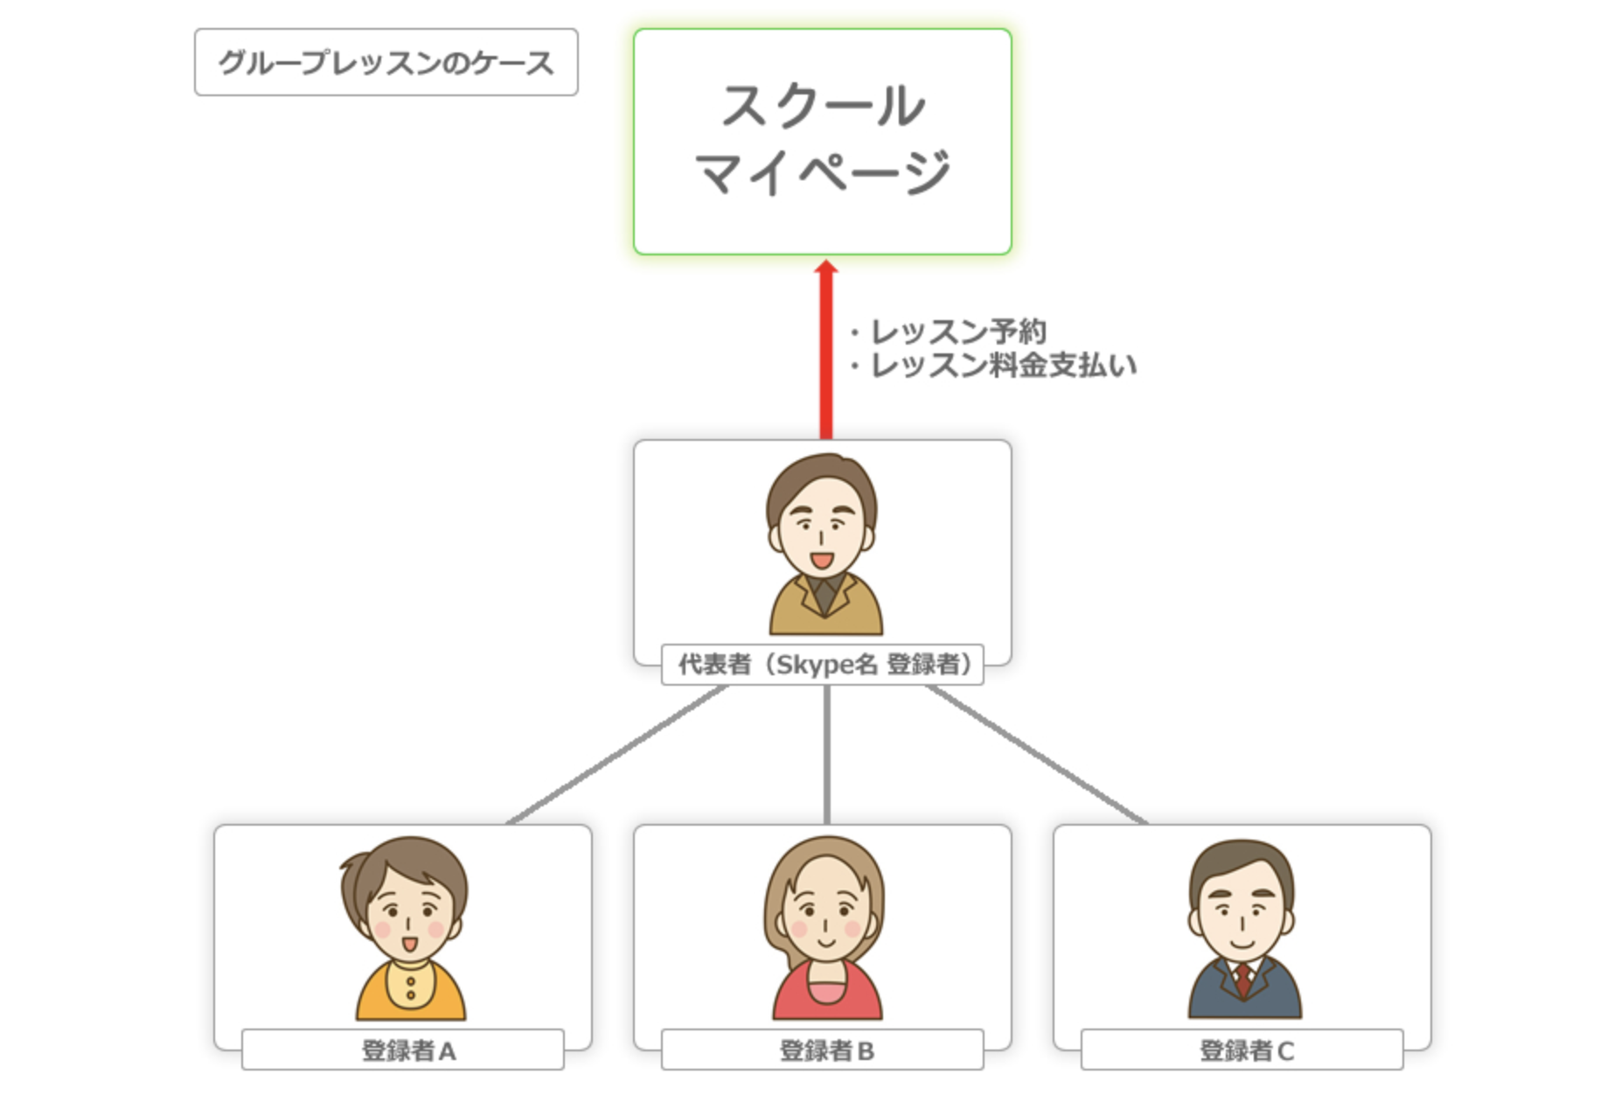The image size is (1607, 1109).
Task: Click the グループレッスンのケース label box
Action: tap(386, 62)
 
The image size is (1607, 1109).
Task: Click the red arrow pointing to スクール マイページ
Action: tap(825, 350)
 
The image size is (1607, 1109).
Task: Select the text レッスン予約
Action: tap(958, 331)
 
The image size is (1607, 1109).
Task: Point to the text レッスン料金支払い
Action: tap(1003, 366)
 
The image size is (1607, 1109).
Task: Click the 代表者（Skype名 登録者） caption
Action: tap(823, 665)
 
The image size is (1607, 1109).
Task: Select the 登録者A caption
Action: tap(404, 1050)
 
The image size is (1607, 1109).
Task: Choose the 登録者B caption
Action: tap(823, 1050)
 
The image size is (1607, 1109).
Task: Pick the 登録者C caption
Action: tap(1242, 1050)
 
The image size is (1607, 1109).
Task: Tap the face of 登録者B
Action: tap(824, 918)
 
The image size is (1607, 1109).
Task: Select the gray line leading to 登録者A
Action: tap(616, 755)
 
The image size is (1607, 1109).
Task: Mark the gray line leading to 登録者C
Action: tap(1037, 755)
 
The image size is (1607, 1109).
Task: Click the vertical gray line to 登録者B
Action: tap(826, 755)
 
